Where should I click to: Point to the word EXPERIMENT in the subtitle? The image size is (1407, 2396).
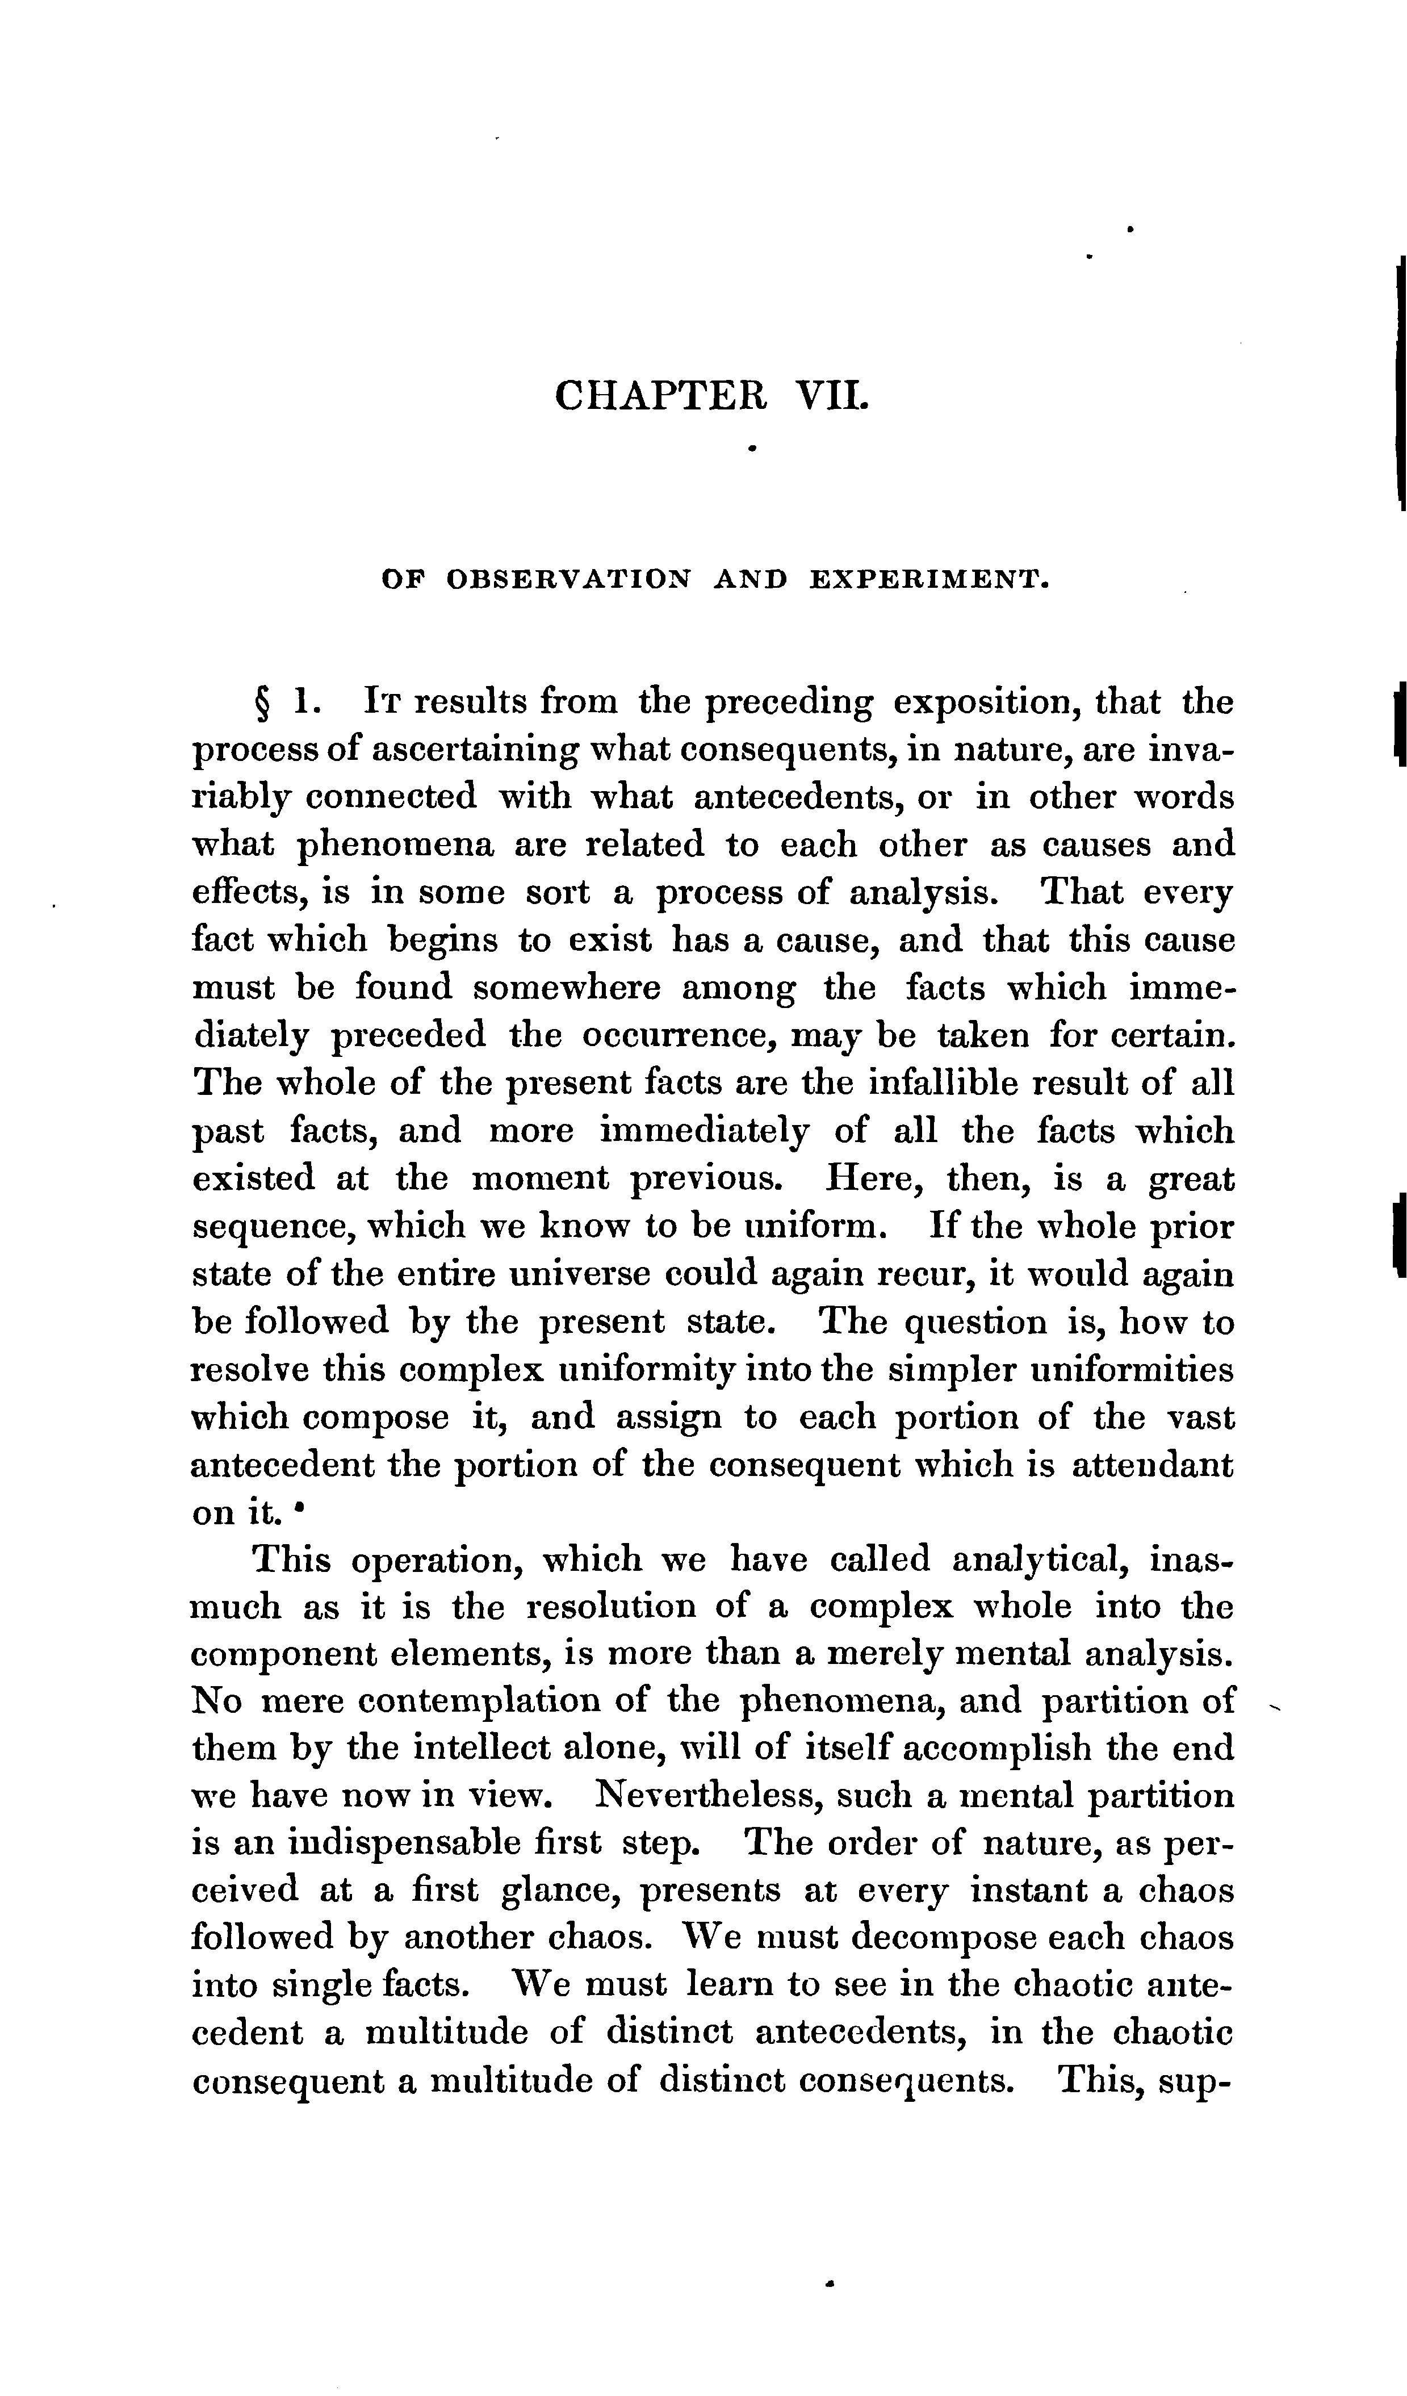pos(929,579)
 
